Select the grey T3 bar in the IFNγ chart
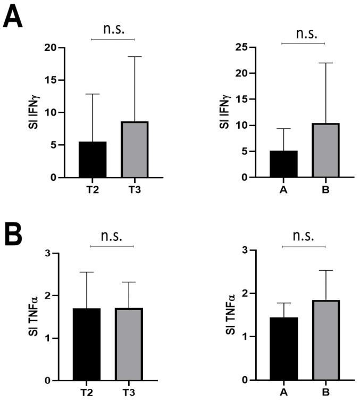point(135,149)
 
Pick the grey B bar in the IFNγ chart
point(325,151)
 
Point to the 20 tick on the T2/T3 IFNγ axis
point(51,48)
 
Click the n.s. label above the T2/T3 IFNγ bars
point(113,29)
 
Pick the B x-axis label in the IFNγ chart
point(325,189)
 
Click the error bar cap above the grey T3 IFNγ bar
point(135,56)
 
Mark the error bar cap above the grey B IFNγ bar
point(325,63)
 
